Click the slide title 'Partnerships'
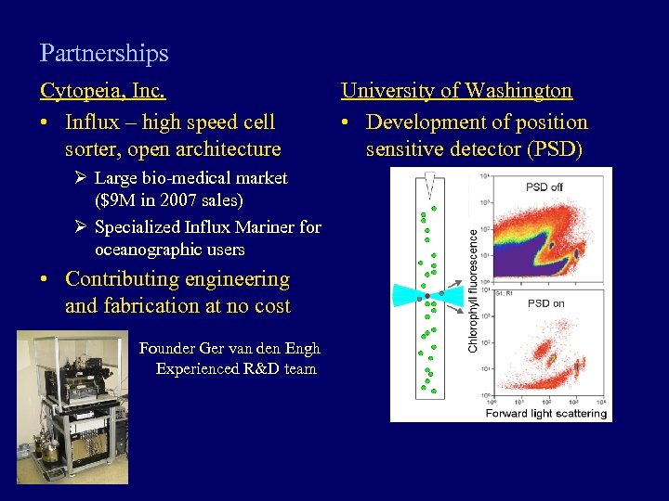coord(104,54)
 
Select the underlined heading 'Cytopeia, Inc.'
coord(103,91)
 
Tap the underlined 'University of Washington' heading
coord(456,91)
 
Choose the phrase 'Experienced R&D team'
coord(236,369)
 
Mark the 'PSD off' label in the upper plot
coord(544,186)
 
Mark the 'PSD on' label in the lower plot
coord(545,303)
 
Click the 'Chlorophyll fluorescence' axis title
coord(473,290)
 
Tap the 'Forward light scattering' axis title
coord(546,413)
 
